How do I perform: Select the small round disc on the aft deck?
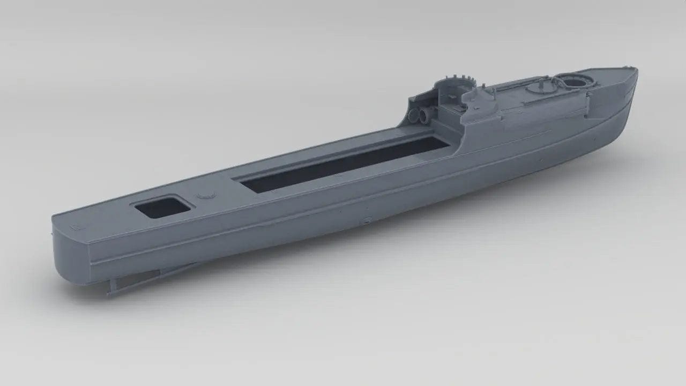pos(204,196)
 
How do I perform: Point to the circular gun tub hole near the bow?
pos(577,81)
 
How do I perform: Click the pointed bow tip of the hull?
pos(636,69)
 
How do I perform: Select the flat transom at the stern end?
pos(70,247)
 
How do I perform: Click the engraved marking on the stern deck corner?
pos(75,227)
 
